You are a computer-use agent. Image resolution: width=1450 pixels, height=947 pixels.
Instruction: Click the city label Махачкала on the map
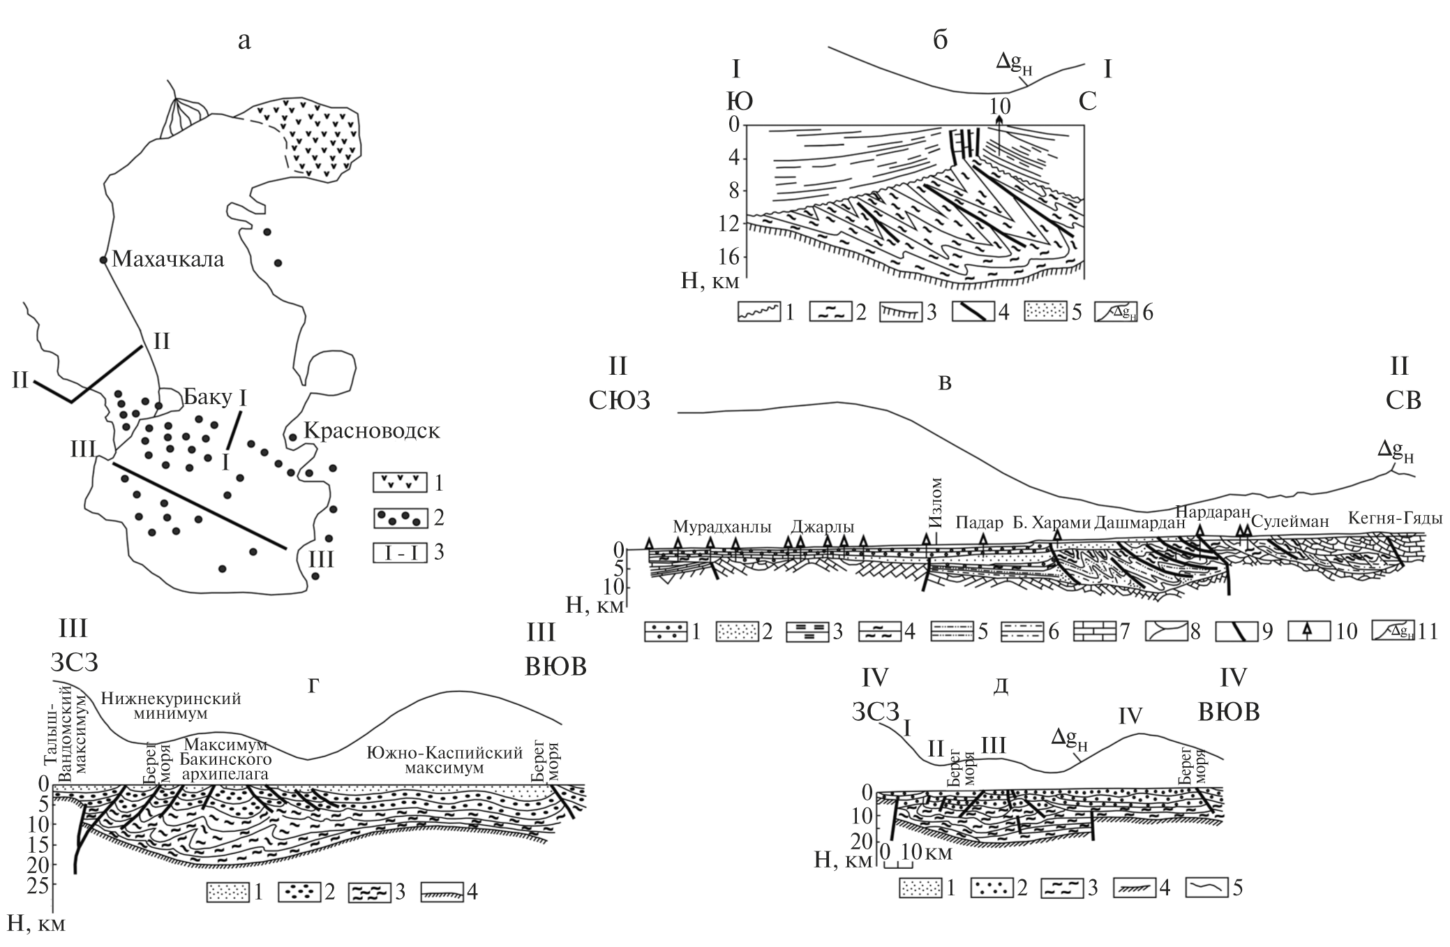coord(168,260)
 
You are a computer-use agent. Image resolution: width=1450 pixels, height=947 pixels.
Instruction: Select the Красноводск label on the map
coord(373,431)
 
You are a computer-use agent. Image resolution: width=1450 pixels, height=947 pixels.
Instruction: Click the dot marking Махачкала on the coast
coord(103,260)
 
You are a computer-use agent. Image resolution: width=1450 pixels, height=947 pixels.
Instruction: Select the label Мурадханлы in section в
coord(722,527)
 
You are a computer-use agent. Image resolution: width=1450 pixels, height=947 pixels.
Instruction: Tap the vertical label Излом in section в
coord(936,502)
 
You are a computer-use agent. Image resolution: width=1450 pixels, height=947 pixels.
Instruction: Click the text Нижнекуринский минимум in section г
coord(171,707)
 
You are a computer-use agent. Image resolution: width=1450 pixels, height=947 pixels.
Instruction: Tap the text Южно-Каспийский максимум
coord(445,761)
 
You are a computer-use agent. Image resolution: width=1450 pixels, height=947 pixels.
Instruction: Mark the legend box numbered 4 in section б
coord(973,312)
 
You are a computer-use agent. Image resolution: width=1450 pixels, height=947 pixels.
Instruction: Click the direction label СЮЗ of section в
coord(620,401)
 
